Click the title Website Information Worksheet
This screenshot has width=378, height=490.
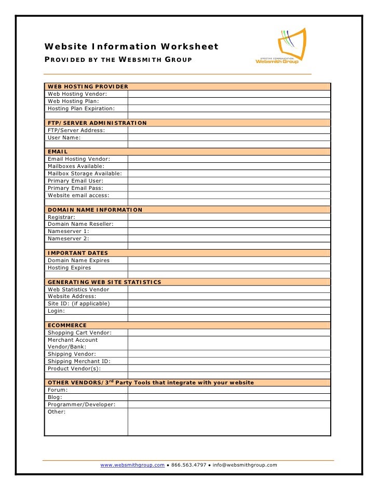(x=131, y=47)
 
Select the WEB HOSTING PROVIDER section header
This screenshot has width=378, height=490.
(x=88, y=86)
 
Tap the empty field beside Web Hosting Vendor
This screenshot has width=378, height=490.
(x=228, y=94)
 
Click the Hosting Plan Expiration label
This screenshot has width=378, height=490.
(x=81, y=108)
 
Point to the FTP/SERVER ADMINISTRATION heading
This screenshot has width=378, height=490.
(x=97, y=123)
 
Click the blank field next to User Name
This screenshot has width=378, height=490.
(x=228, y=137)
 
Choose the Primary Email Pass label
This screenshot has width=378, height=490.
(x=75, y=188)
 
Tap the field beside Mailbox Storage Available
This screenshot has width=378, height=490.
(x=228, y=173)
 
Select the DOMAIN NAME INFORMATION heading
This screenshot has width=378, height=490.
(x=95, y=210)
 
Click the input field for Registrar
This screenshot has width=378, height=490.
(x=228, y=217)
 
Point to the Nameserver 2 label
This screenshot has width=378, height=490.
(x=69, y=238)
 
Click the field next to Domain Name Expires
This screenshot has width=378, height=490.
(x=228, y=260)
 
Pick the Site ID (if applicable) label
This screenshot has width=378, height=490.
(x=78, y=303)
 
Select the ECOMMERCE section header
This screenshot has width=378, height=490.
(x=67, y=325)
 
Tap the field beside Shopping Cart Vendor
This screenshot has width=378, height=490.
(x=228, y=332)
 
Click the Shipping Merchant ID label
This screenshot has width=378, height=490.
(x=79, y=361)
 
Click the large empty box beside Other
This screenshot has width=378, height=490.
(x=228, y=422)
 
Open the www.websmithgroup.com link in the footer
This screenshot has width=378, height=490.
(x=132, y=465)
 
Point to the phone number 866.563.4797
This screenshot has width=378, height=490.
(x=188, y=465)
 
